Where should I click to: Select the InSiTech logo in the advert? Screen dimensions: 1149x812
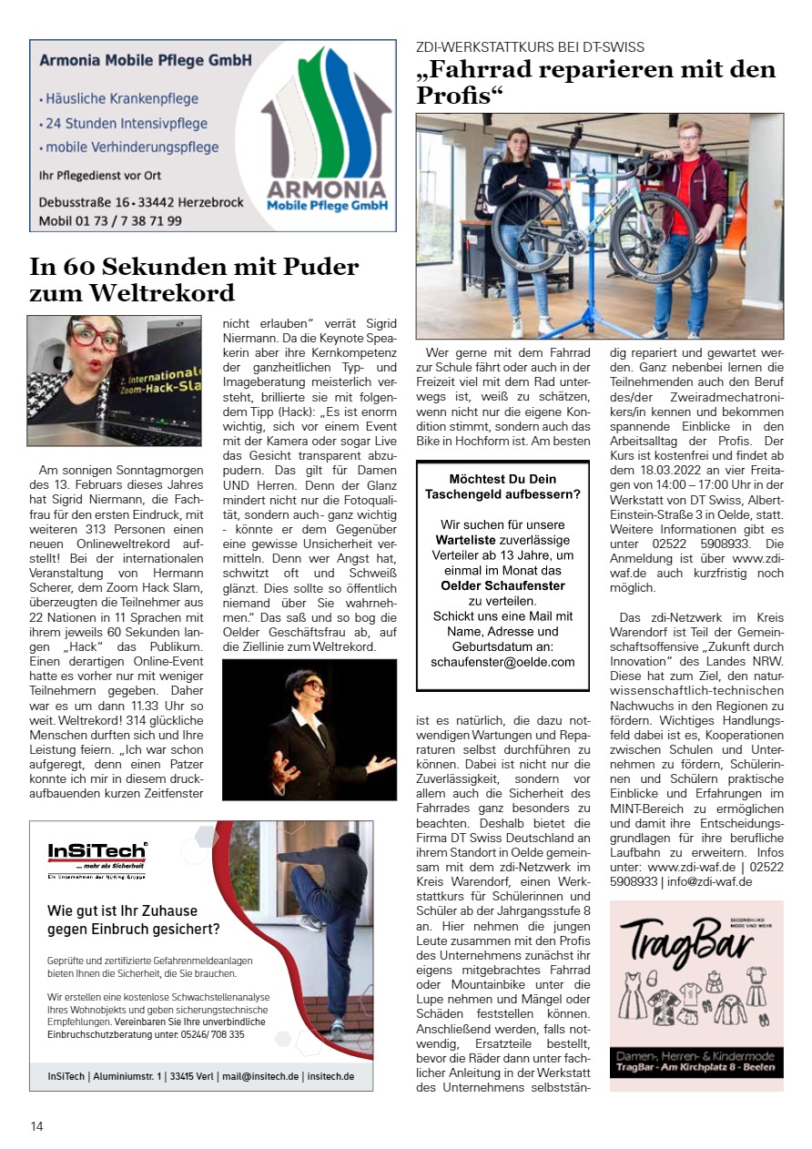[96, 852]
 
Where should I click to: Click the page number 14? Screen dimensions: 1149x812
[36, 1126]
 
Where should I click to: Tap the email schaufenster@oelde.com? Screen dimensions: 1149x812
[502, 662]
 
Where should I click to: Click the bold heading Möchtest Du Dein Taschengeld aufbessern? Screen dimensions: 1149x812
[502, 486]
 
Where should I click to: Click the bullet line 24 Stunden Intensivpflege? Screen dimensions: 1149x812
[127, 123]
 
